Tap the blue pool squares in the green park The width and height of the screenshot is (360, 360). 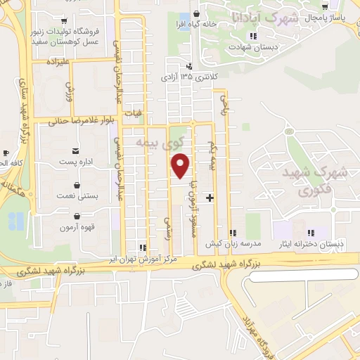point(15,221)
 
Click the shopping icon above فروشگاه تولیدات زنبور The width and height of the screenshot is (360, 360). point(65,20)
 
